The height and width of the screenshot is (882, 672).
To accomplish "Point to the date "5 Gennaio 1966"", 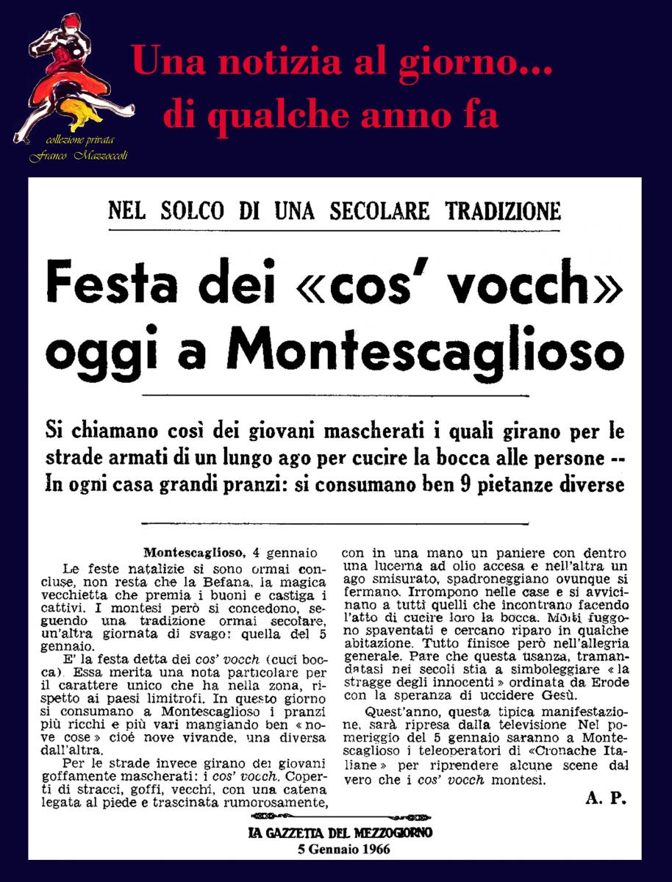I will click(x=340, y=848).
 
